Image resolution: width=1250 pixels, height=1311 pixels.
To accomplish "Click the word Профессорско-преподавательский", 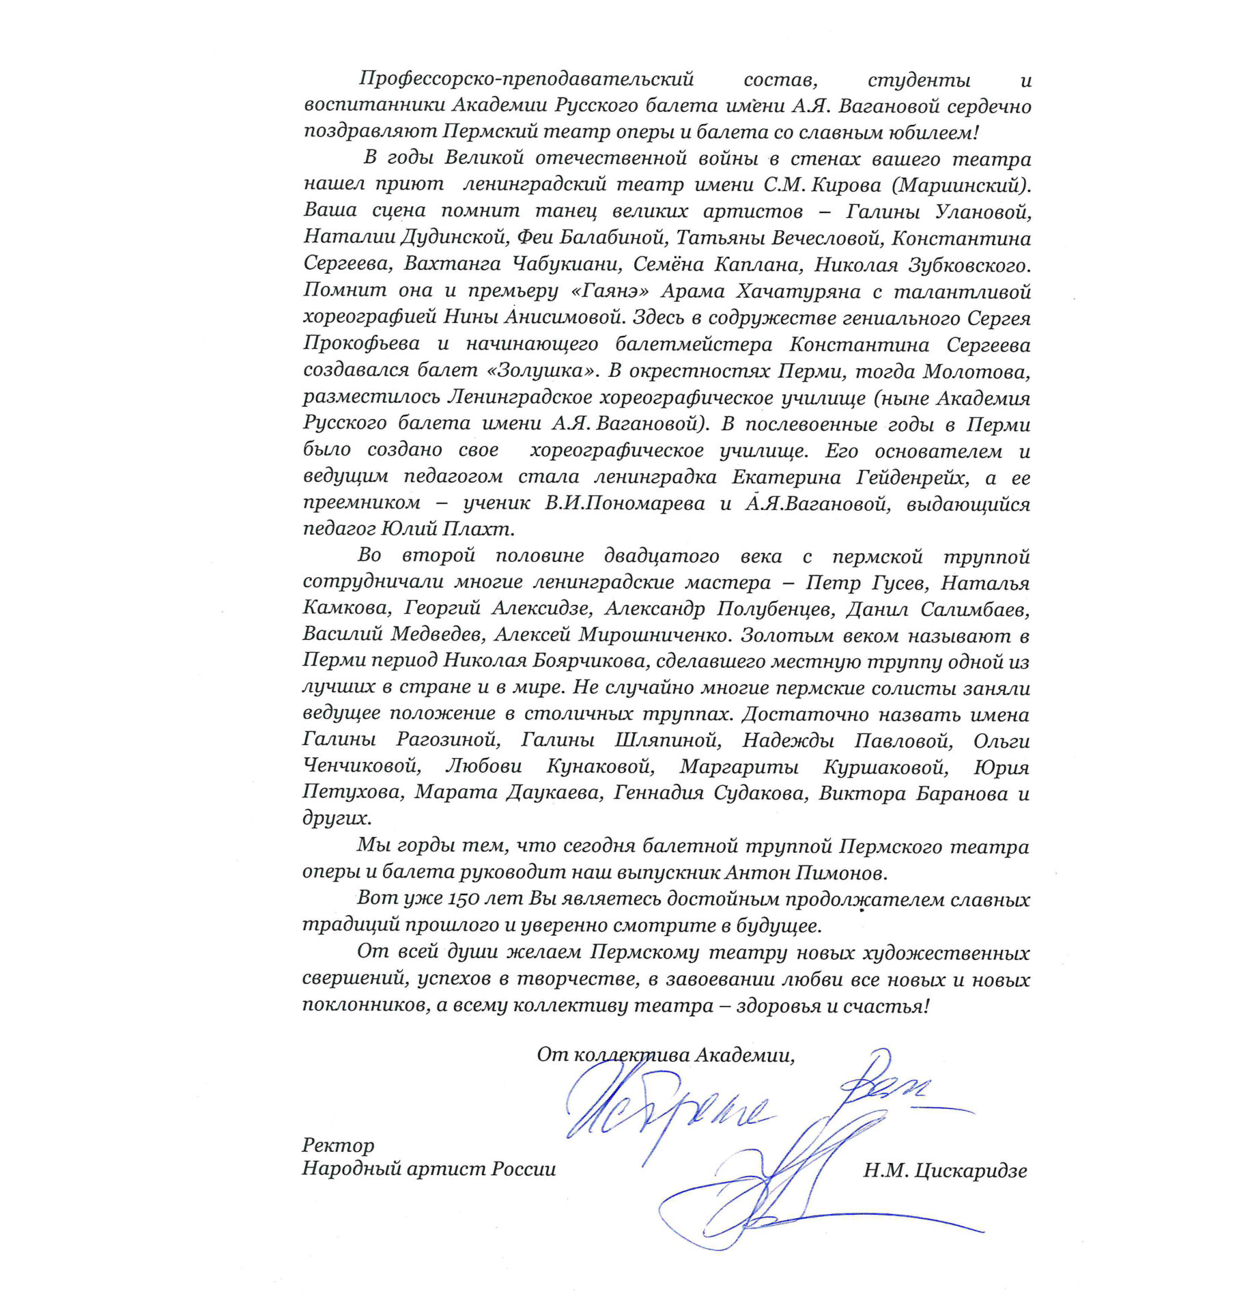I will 526,80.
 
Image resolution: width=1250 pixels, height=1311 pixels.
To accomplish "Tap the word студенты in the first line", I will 919,81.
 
